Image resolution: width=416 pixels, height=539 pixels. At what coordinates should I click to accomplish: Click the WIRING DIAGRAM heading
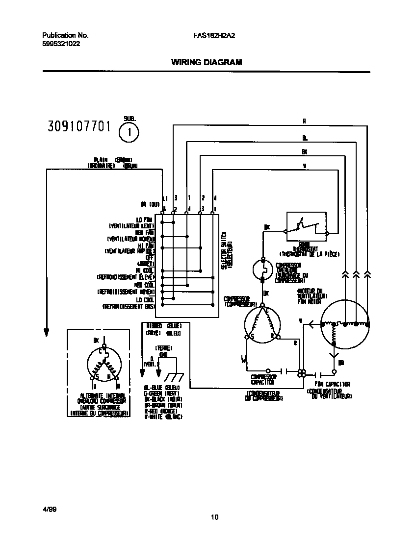(x=206, y=62)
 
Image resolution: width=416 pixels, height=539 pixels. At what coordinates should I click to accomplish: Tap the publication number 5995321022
(x=61, y=43)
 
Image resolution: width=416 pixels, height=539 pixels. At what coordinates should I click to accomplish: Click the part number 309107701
(x=78, y=127)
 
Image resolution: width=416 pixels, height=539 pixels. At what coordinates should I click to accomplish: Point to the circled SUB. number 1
(x=129, y=131)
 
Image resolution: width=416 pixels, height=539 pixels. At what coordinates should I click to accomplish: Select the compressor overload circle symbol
(x=264, y=269)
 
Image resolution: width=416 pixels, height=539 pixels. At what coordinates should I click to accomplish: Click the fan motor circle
(x=345, y=324)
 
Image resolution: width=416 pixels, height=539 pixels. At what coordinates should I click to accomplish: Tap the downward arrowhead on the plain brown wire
(x=47, y=332)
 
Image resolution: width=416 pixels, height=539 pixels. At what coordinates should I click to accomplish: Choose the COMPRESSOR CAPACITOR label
(x=263, y=380)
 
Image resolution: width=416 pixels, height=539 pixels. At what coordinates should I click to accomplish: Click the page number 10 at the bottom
(x=214, y=517)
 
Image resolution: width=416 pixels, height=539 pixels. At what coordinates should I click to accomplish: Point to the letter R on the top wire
(x=304, y=121)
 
